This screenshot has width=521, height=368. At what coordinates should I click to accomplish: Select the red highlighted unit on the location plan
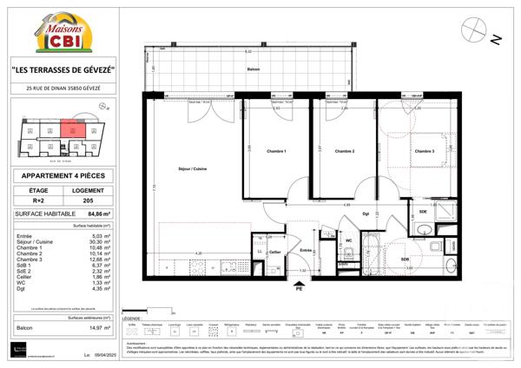point(74,131)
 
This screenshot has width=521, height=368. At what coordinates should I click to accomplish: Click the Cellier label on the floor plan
point(275,252)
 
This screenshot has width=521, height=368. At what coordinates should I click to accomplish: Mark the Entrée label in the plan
point(306,250)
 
